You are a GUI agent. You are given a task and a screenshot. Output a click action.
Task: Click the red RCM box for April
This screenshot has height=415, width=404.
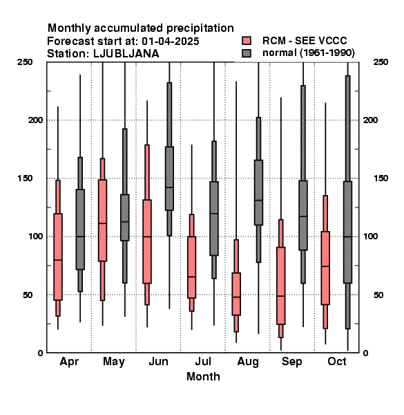click(x=58, y=257)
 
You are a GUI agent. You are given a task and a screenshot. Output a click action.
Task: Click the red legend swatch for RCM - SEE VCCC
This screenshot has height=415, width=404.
click(x=247, y=41)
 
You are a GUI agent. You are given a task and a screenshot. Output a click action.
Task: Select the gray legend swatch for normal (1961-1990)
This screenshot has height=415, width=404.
click(x=247, y=53)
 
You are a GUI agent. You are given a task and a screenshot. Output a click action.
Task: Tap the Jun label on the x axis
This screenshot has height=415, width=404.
click(x=158, y=361)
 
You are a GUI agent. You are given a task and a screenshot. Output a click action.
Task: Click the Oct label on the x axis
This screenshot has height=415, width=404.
click(x=337, y=361)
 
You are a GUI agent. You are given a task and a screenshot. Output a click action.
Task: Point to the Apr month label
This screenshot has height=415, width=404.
click(x=69, y=362)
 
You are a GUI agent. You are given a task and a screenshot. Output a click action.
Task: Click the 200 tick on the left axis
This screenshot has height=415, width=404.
click(x=35, y=120)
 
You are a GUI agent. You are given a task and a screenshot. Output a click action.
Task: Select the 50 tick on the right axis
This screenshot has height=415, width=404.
click(x=378, y=295)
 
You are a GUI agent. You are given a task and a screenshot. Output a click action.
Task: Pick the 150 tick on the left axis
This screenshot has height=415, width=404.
click(x=25, y=178)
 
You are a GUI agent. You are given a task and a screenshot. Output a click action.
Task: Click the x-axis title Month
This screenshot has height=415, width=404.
click(x=203, y=376)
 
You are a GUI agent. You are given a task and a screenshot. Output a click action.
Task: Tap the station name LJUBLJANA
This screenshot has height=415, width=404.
click(x=126, y=54)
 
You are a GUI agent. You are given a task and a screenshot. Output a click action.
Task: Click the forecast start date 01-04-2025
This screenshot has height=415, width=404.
click(x=171, y=41)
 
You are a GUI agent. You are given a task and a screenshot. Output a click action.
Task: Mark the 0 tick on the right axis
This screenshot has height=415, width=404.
click(x=365, y=353)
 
